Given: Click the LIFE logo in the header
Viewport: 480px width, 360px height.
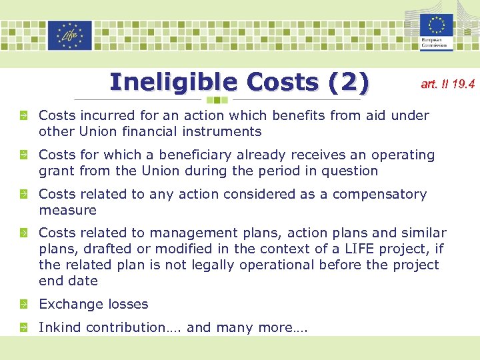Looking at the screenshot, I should coord(69,35).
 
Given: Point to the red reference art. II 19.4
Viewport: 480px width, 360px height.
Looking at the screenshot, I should coord(447,84).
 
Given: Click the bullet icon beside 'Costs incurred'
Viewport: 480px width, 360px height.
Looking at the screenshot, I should coord(23,116).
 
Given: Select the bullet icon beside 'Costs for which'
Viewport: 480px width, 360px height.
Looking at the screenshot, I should coord(23,155).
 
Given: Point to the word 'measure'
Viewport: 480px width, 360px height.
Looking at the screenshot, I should coord(67,210).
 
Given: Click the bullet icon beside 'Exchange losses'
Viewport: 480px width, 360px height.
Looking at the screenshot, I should coord(23,305).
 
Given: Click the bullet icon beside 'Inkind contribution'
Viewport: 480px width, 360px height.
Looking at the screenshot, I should coord(23,328).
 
